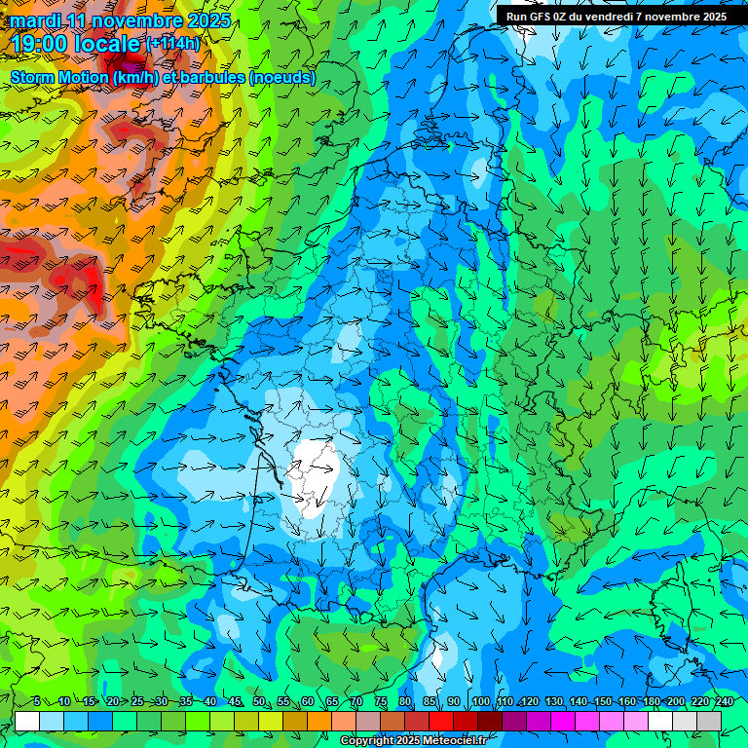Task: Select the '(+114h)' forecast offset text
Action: pos(172,43)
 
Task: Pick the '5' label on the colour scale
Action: pos(36,702)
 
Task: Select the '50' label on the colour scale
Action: pos(259,702)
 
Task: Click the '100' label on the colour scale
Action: pos(480,702)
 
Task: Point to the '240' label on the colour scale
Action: pos(725,702)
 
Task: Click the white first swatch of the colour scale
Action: pos(27,721)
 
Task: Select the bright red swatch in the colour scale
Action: pos(441,721)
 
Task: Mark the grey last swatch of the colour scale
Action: pos(709,721)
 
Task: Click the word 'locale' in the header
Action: pos(108,43)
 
